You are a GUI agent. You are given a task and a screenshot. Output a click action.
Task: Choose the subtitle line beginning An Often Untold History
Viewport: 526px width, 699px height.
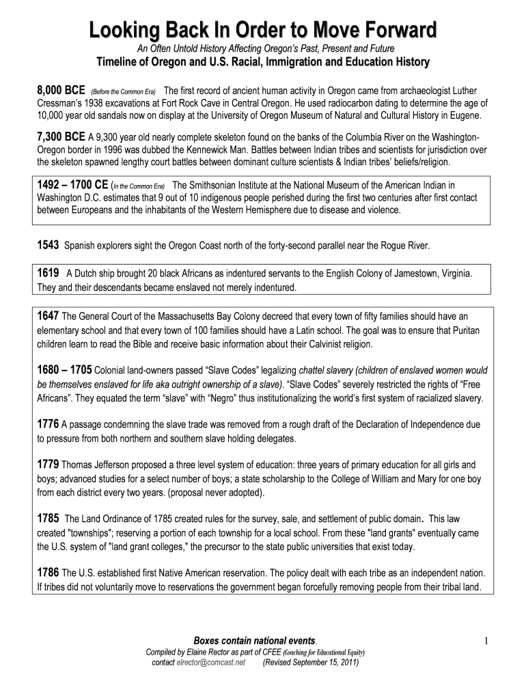(x=262, y=48)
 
